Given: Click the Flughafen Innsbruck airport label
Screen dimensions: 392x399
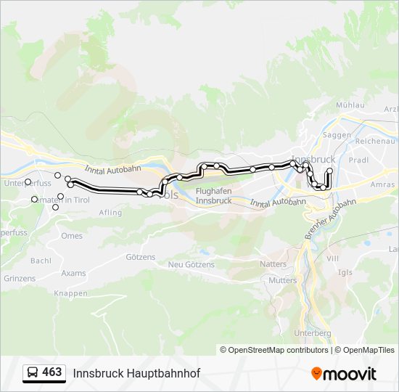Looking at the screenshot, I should tap(214, 195).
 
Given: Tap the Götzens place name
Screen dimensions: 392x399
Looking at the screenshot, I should tap(141, 257).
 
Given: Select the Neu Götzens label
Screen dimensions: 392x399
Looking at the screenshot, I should tap(192, 265).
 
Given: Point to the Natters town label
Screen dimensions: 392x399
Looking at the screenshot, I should tap(273, 264).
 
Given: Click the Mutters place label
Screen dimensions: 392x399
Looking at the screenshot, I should tap(282, 280).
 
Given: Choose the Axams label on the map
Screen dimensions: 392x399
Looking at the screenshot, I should tap(73, 274).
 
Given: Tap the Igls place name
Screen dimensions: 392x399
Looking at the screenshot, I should tap(345, 272).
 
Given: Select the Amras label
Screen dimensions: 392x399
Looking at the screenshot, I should tap(382, 185).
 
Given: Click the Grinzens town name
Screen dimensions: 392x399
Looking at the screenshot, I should tap(20, 278).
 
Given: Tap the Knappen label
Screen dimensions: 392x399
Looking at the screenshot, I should tap(71, 293).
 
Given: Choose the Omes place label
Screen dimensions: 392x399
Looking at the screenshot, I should tap(72, 236).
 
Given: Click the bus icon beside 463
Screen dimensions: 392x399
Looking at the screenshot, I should tap(33, 373).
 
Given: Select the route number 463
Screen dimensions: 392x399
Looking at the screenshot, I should tap(52, 372).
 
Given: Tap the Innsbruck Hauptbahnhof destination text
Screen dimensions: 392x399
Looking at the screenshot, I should tap(136, 373).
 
